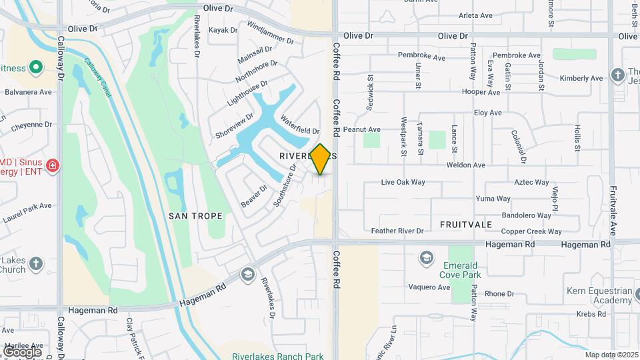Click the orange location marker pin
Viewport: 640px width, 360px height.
pyautogui.click(x=321, y=159)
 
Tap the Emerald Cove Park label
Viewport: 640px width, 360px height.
pyautogui.click(x=461, y=268)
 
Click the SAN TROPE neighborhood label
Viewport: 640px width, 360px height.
pyautogui.click(x=195, y=216)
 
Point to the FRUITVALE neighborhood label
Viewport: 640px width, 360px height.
pyautogui.click(x=466, y=225)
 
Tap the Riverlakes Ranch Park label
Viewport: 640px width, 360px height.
pyautogui.click(x=278, y=356)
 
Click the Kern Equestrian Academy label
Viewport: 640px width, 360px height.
pyautogui.click(x=599, y=295)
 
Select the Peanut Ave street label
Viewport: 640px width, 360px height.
pyautogui.click(x=361, y=129)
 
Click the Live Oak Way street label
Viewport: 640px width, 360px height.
pyautogui.click(x=403, y=182)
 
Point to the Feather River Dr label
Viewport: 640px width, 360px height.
pyautogui.click(x=397, y=231)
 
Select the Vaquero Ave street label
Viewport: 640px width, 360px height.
pyautogui.click(x=429, y=287)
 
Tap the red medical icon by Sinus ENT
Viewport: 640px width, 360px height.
pyautogui.click(x=53, y=164)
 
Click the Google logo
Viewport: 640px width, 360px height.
pyautogui.click(x=22, y=351)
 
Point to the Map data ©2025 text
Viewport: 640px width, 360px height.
pyautogui.click(x=611, y=355)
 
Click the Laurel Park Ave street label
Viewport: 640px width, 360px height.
pyautogui.click(x=27, y=211)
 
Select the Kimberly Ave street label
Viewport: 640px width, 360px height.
pyautogui.click(x=581, y=79)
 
